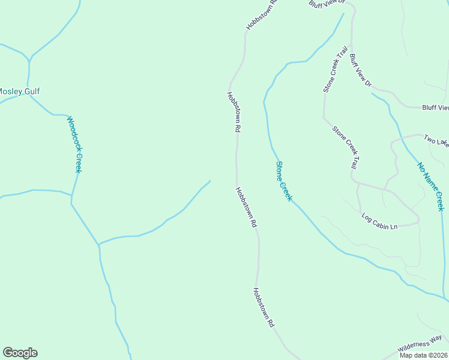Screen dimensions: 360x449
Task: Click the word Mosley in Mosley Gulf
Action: point(10,91)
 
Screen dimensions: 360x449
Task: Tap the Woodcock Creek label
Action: point(74,144)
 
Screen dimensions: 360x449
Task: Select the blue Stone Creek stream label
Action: point(283,181)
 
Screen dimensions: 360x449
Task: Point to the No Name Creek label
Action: point(430,186)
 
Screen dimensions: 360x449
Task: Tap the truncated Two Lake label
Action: point(436,141)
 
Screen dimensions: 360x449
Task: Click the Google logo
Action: point(20,353)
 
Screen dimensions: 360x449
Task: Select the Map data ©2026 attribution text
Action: point(424,355)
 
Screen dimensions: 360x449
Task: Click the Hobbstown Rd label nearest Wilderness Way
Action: point(263,307)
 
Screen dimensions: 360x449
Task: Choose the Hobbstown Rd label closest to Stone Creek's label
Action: point(246,207)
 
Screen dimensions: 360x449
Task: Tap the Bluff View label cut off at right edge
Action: point(435,107)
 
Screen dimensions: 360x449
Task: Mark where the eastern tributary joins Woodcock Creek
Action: point(98,245)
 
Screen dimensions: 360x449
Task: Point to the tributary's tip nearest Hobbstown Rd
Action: point(209,181)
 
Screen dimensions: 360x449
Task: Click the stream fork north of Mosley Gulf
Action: point(29,59)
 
